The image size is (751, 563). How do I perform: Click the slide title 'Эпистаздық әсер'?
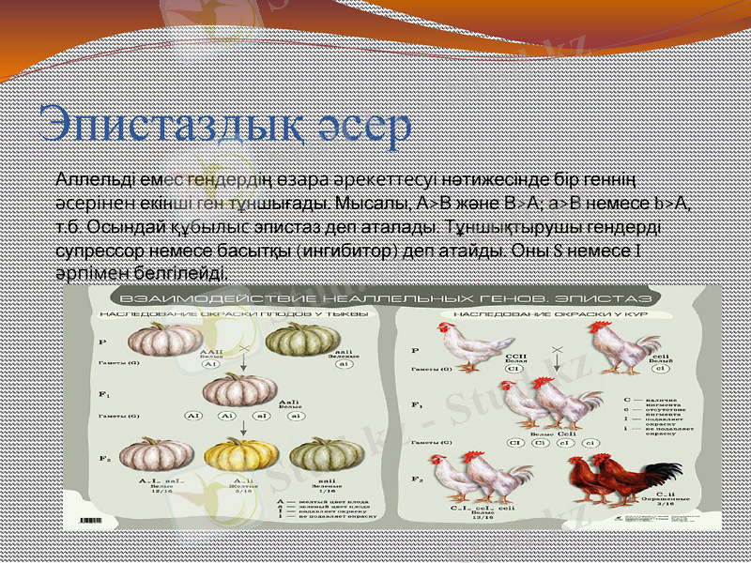[225, 126]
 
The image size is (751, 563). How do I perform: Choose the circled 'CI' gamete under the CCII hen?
[513, 369]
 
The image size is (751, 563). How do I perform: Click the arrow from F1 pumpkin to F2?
[241, 426]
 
